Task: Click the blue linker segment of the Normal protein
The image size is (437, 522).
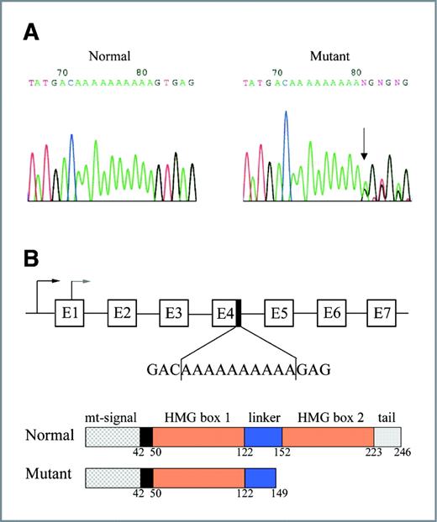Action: point(263,436)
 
